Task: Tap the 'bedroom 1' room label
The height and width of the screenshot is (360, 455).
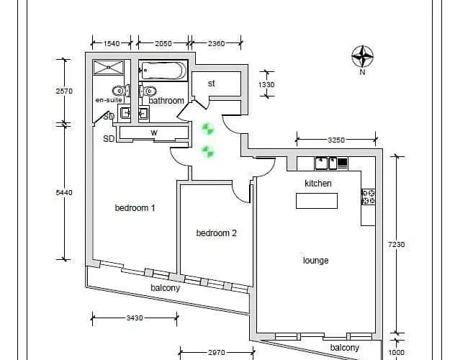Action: tap(135, 208)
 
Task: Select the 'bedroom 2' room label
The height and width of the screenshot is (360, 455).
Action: tap(217, 233)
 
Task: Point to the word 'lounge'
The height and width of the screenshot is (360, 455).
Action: tap(315, 260)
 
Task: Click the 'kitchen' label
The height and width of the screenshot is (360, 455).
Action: tap(318, 184)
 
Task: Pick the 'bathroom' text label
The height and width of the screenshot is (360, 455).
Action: tap(166, 101)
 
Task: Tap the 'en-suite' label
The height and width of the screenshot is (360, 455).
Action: tap(109, 100)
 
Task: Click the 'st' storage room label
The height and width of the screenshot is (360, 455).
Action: tap(212, 84)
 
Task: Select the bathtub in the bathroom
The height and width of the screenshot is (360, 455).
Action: tap(164, 71)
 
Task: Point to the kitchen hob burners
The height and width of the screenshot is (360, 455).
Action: tap(368, 197)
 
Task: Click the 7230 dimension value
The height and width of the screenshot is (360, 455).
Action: tap(397, 244)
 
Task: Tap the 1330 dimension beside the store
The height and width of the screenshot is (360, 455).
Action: tap(267, 84)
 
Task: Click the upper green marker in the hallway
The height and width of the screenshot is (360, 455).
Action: tap(208, 129)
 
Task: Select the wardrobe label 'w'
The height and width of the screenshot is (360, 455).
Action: tap(153, 132)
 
